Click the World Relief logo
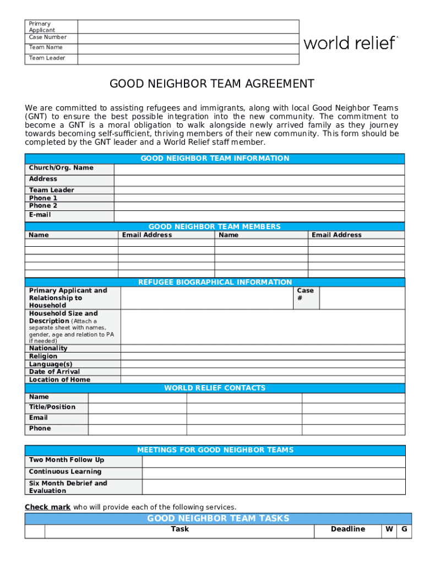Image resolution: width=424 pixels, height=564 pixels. click(x=350, y=43)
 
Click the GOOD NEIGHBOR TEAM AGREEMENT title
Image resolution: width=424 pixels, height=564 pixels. click(x=212, y=84)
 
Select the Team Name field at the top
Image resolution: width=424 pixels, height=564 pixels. click(x=188, y=47)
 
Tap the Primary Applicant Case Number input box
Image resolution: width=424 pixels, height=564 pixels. click(x=188, y=31)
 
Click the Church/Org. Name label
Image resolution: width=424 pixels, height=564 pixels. click(x=61, y=168)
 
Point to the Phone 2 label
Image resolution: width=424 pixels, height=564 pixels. click(x=44, y=206)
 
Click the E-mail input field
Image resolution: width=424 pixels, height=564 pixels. click(x=259, y=215)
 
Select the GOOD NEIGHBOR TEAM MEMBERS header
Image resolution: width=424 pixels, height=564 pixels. click(x=215, y=226)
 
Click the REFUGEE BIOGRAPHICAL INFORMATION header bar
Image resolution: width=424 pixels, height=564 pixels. click(x=215, y=282)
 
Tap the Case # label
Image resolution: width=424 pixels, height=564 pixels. click(x=305, y=294)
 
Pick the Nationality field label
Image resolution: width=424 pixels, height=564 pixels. click(x=48, y=348)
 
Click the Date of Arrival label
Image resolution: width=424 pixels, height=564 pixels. click(x=55, y=372)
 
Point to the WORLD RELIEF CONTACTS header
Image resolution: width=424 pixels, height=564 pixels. click(x=215, y=388)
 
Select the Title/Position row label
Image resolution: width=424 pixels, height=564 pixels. click(x=52, y=407)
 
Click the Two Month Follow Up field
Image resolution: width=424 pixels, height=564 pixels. click(x=273, y=460)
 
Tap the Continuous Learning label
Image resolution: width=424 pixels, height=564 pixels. click(x=65, y=471)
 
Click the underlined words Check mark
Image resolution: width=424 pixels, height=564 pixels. click(x=47, y=507)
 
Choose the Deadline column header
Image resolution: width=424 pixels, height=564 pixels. click(x=347, y=529)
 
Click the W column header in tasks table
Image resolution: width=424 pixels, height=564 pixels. click(x=389, y=529)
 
